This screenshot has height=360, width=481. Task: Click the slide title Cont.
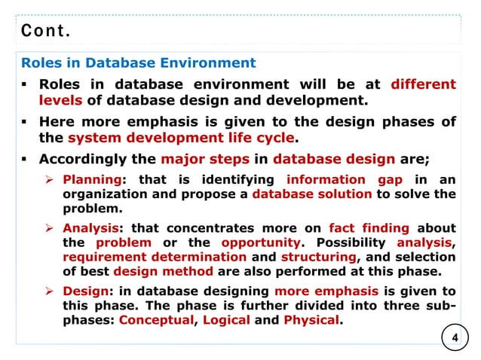[x=46, y=32]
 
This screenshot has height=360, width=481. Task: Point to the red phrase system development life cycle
[x=179, y=138]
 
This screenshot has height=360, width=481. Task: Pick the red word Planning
[x=91, y=179]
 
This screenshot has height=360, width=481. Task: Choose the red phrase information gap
[x=344, y=179]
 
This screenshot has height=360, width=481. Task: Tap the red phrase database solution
[x=312, y=194]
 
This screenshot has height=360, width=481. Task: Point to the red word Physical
[x=311, y=320]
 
